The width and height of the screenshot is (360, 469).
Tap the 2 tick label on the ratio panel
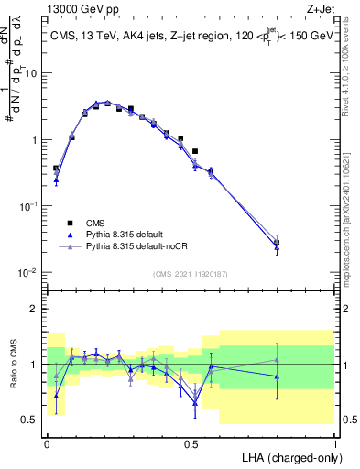coord(36,309)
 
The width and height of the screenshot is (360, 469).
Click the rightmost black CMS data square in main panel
coord(277,243)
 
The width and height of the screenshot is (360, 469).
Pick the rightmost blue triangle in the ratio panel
coord(277,376)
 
